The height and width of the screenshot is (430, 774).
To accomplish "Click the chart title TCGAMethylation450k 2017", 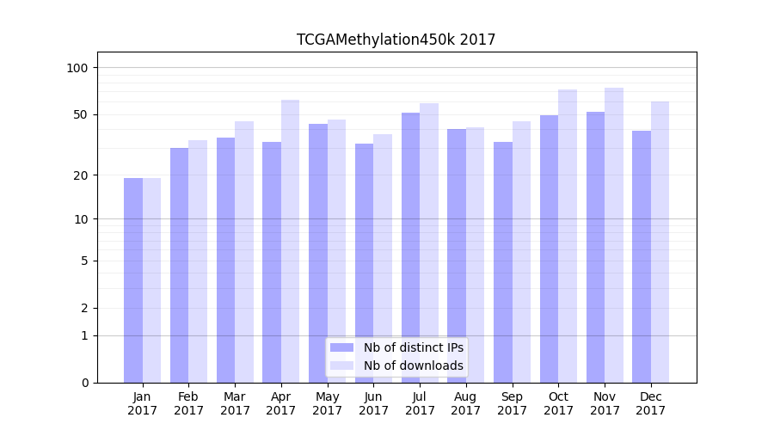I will point(396,40).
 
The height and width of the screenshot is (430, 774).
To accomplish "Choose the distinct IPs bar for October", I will point(550,249).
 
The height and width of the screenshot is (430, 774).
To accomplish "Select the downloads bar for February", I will point(198,261).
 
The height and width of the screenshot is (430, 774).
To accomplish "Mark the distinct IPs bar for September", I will point(503,262).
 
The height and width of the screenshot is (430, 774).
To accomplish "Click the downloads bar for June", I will point(383,258).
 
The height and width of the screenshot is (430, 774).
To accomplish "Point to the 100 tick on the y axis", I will point(77,68).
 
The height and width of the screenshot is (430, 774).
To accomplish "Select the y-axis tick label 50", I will point(81,114).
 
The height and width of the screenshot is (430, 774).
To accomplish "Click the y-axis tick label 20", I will point(81,175).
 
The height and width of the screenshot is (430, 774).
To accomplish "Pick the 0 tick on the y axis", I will point(84,383).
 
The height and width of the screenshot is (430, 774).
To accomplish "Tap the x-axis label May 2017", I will point(327,403).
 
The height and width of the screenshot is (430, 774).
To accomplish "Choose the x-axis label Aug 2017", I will point(466,403).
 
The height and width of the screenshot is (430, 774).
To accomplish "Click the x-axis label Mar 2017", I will point(235,403).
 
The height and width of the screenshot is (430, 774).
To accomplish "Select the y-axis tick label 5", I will point(84,261).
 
